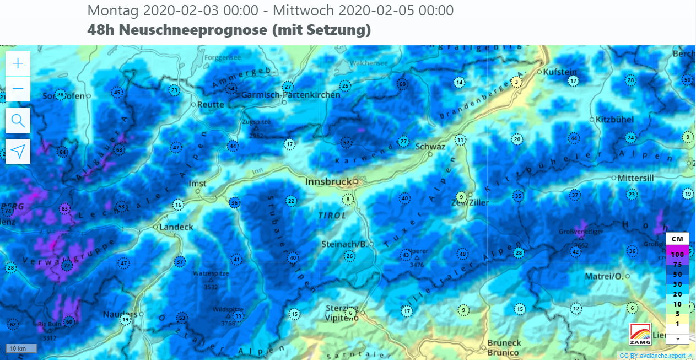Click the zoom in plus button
[18, 63]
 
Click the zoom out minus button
[18, 89]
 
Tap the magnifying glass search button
[18, 120]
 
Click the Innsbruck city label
[328, 181]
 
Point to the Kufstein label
[560, 72]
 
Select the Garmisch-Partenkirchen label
[291, 95]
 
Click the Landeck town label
[176, 227]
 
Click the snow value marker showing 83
[65, 209]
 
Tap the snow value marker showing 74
[8, 211]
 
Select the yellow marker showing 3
[516, 82]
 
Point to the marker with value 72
[67, 266]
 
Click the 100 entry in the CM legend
[677, 255]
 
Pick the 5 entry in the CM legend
[677, 314]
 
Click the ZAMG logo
[640, 334]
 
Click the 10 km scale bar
[21, 348]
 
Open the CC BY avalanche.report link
[656, 356]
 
